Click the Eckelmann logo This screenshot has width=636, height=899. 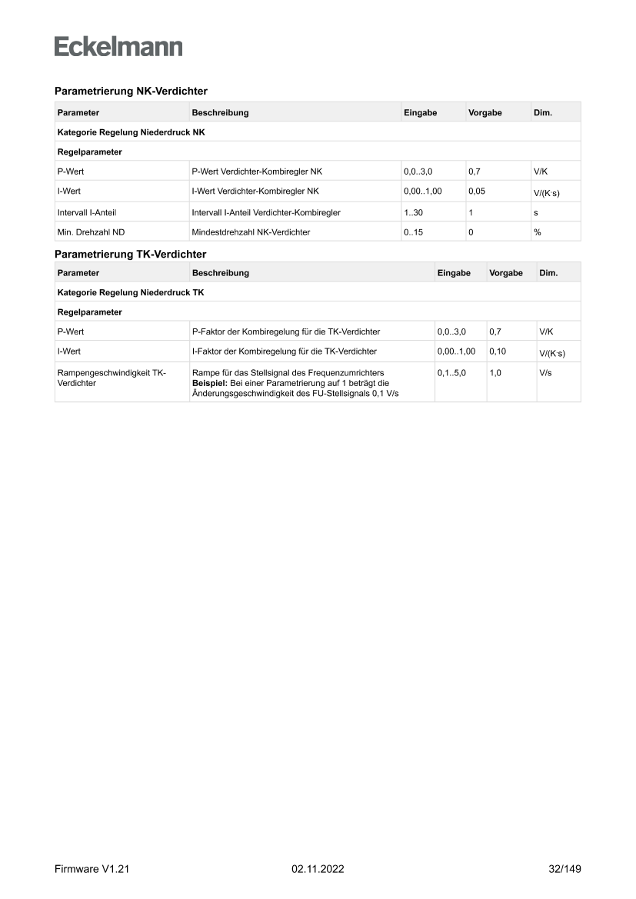pos(118,46)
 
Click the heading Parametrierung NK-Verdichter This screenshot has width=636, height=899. pos(131,91)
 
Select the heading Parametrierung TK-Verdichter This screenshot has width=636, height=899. pos(130,254)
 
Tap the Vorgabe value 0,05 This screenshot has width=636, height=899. pos(477,190)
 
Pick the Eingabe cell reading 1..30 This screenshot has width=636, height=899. pos(414,211)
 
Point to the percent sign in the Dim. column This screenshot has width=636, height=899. pos(537,232)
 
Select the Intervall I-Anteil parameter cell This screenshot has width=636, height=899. pos(87,211)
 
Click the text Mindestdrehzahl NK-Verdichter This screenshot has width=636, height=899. pos(251,232)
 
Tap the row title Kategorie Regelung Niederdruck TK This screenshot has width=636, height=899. pos(130,292)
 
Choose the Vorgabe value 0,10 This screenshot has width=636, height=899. pos(498,351)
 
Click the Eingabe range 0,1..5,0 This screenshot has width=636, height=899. pos(451,373)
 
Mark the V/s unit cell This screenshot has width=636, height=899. pos(546,373)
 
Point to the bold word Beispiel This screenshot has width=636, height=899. pos(209,382)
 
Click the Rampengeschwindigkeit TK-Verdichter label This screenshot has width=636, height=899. pos(112,378)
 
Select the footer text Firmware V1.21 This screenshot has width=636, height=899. pos(91,869)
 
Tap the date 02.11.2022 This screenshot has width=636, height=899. pos(318,869)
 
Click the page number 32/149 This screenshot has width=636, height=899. pos(559,869)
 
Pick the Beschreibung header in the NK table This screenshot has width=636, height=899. pos(220,112)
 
